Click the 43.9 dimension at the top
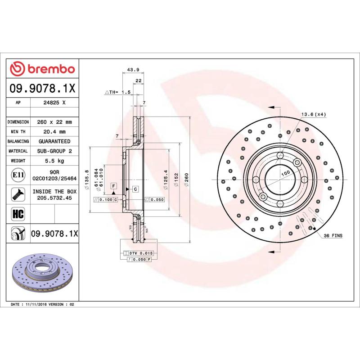coord(133,69)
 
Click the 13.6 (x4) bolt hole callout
coord(313,114)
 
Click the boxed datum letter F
coord(113,186)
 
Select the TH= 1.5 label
coord(117,92)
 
